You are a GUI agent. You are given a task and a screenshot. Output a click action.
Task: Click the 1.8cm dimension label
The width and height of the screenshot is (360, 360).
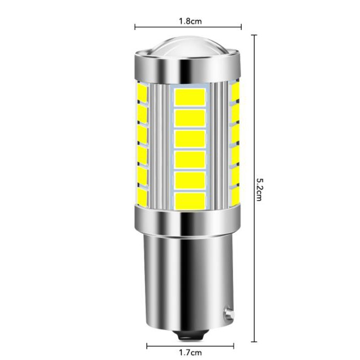point(190,21)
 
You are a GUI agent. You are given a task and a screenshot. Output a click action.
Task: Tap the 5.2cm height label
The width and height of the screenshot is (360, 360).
point(259,190)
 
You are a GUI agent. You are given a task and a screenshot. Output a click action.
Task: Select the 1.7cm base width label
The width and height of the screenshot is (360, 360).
point(190,352)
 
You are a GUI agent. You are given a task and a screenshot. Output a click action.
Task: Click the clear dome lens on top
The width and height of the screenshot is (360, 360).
point(188,46)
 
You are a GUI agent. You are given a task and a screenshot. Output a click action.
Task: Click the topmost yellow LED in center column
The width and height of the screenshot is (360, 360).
point(190,97)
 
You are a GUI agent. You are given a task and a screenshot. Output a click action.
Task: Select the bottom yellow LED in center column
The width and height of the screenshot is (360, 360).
point(190,201)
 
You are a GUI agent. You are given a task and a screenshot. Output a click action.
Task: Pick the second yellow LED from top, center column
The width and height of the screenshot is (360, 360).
point(190,118)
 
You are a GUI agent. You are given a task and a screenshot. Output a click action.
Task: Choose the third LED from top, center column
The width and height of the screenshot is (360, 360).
point(190,139)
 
